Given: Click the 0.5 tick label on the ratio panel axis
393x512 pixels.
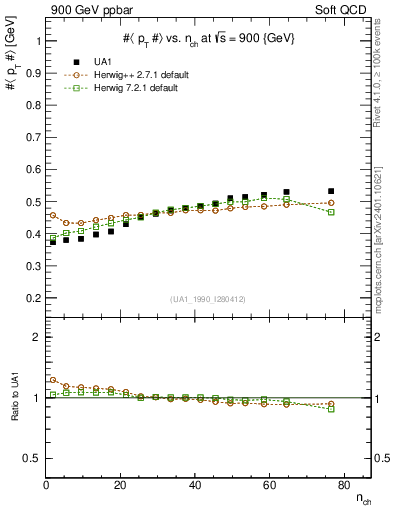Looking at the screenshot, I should pyautogui.click(x=32, y=458).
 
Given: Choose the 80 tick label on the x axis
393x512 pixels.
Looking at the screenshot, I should pyautogui.click(x=342, y=486).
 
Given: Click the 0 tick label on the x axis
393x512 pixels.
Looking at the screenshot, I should pyautogui.click(x=46, y=486).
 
